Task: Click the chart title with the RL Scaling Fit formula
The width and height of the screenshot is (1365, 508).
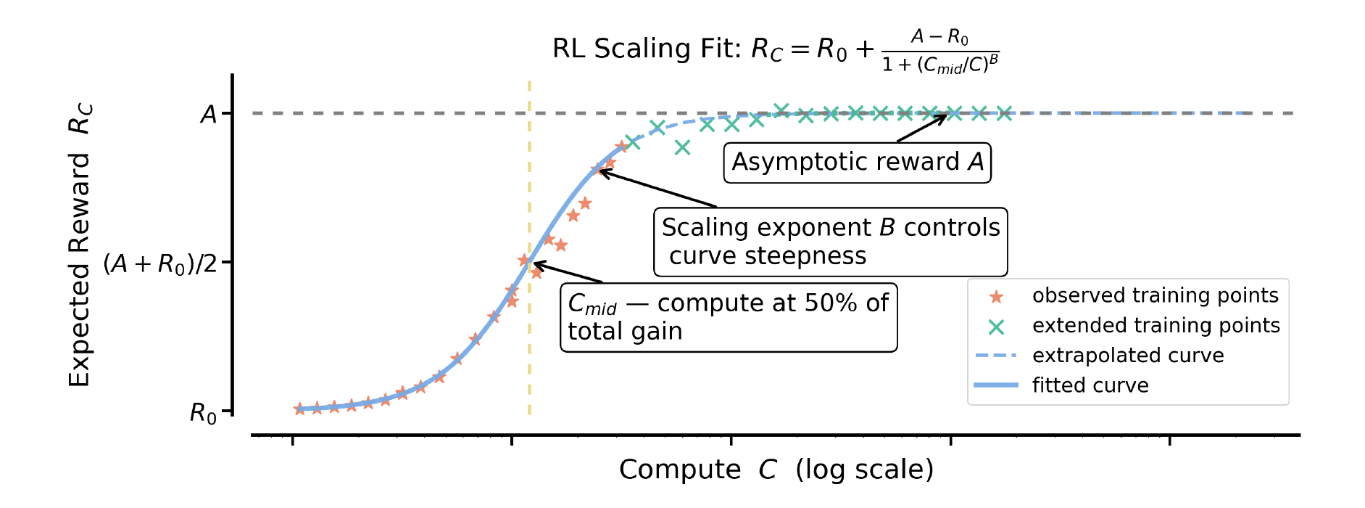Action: click(x=776, y=49)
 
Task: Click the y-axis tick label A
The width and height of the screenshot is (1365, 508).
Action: click(x=209, y=115)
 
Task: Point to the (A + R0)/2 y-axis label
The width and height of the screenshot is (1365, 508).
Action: click(x=160, y=263)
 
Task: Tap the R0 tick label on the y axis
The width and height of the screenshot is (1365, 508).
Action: click(x=203, y=414)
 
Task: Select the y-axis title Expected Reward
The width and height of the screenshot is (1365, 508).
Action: click(x=80, y=247)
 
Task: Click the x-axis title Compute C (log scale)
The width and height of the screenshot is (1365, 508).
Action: click(x=776, y=470)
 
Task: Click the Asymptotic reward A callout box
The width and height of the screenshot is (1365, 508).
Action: click(x=857, y=162)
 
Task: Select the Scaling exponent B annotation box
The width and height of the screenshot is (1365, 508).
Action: click(x=830, y=242)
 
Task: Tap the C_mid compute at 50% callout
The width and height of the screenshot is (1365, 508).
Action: click(x=728, y=317)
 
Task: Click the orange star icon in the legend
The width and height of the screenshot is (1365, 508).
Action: click(x=996, y=296)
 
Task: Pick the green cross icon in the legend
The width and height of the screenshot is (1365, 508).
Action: click(x=996, y=327)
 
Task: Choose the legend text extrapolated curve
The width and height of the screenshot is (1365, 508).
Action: click(x=1127, y=356)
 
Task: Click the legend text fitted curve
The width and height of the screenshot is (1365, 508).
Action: click(x=1090, y=385)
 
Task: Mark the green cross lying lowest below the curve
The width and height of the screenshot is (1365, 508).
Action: click(x=682, y=148)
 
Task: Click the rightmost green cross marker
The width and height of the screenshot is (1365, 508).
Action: click(x=1004, y=113)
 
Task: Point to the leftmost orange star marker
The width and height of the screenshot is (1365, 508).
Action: click(x=299, y=409)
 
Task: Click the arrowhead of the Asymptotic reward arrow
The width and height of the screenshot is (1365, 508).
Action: click(x=945, y=116)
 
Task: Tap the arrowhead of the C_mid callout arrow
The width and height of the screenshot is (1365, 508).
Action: click(x=535, y=264)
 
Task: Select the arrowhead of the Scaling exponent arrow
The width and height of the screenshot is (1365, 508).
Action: click(x=599, y=171)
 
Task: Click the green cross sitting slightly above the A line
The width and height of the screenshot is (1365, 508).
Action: click(x=781, y=110)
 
